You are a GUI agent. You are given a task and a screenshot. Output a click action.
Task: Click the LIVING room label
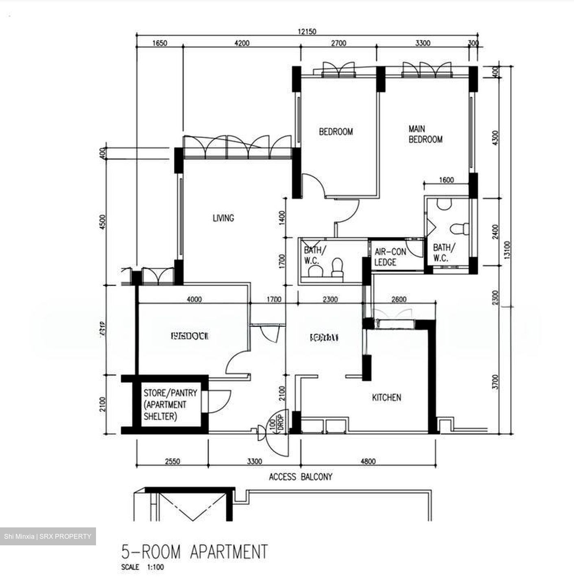pos(223,218)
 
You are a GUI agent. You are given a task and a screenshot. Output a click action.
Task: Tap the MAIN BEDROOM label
pos(425,134)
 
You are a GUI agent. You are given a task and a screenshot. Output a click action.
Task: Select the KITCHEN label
pos(386,397)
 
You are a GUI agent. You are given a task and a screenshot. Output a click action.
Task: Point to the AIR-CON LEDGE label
pos(390,257)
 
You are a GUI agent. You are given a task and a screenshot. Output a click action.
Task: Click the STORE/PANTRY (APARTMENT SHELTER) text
pos(170,405)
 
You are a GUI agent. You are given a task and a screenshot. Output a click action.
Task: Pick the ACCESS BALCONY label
pos(301,477)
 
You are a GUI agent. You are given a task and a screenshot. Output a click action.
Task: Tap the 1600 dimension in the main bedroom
pos(446,180)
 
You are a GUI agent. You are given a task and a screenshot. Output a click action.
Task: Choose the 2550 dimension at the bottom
pos(172,461)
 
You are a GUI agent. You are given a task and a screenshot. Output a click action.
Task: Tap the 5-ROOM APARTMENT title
pos(194,552)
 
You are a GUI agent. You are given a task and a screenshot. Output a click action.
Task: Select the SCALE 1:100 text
pos(142,567)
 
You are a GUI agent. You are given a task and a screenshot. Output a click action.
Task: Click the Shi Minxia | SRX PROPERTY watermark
pos(48,536)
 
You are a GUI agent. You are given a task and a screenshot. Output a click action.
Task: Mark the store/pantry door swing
pos(220,401)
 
